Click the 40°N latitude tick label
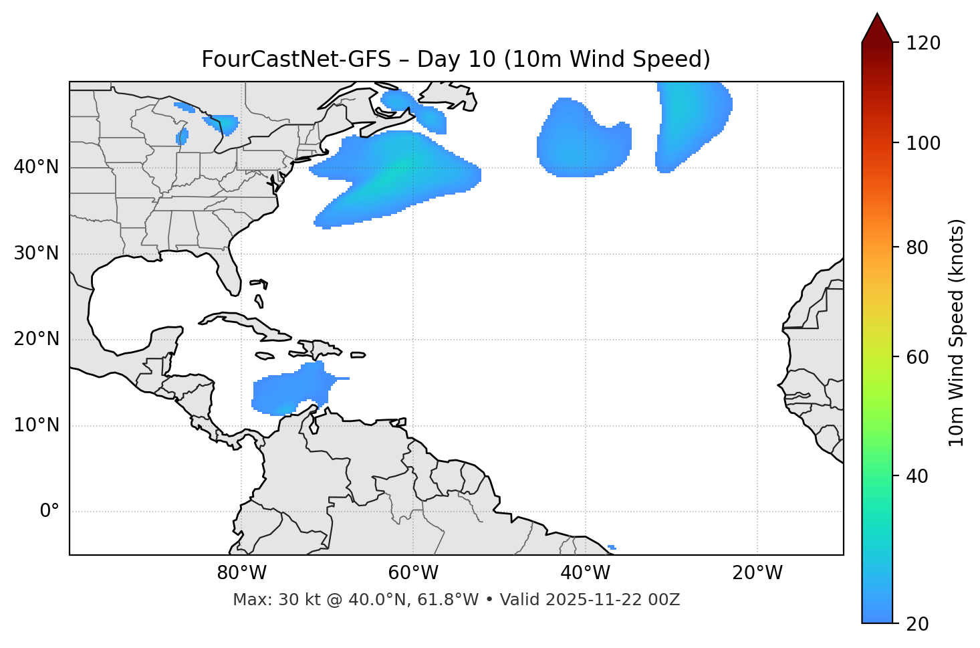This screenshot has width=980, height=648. coord(36,167)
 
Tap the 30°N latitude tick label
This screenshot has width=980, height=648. coord(36,253)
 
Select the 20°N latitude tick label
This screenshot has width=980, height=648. coord(36,339)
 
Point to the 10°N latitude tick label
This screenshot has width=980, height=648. coord(36,425)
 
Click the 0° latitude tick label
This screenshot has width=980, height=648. coord(49,512)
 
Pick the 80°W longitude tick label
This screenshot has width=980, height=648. coord(241,573)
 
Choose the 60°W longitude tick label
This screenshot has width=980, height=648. coord(413,573)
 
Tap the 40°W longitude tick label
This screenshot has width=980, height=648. coord(586,573)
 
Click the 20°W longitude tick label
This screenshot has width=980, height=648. coord(757,573)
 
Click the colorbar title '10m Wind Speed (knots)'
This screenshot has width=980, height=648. coord(957,332)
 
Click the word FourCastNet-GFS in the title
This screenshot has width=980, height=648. coord(295,60)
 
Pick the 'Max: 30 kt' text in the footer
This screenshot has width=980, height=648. coord(269,600)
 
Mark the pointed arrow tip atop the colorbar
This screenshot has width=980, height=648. coord(877,16)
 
